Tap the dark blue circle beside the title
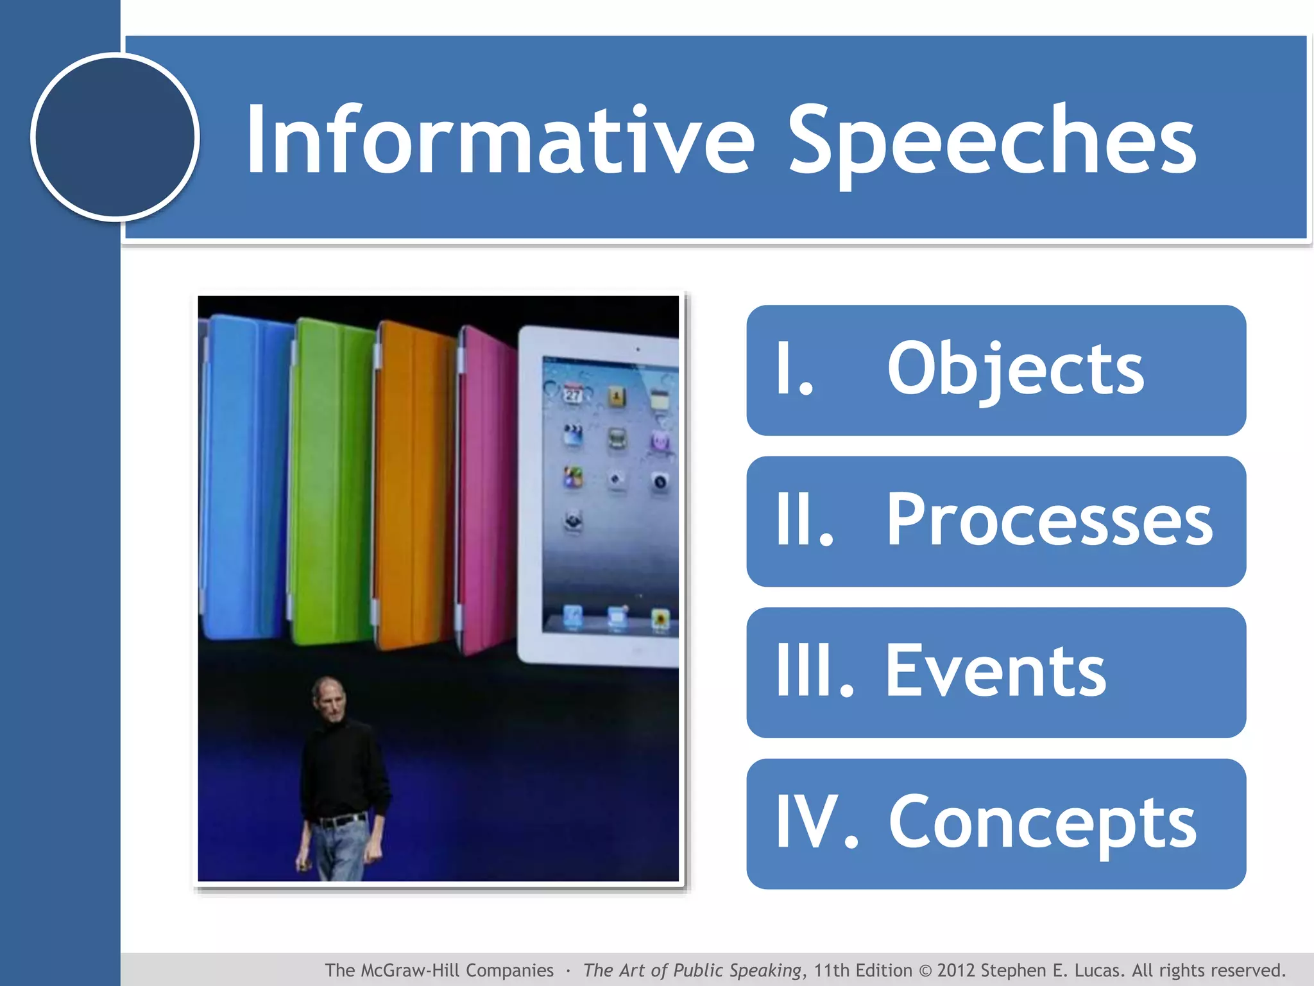[x=115, y=137]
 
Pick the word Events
[x=995, y=671]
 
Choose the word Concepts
[x=1042, y=822]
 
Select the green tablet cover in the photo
[x=330, y=481]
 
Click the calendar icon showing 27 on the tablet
[x=573, y=393]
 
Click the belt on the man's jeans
[x=340, y=820]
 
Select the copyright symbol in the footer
[x=925, y=971]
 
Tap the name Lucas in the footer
[x=1100, y=970]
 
